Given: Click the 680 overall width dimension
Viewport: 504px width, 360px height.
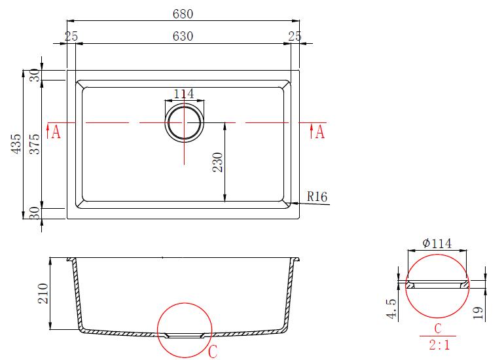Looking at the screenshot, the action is [183, 14].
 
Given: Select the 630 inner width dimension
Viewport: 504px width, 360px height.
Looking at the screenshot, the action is [183, 36].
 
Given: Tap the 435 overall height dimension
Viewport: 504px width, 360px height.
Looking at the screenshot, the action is [16, 144].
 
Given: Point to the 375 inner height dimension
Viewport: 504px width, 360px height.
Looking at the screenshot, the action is [35, 144].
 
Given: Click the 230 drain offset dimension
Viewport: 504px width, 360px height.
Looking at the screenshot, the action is [217, 162].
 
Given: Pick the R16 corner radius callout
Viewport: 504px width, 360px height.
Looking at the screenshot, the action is [317, 196].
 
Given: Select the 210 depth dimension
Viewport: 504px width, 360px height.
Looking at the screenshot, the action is [43, 293].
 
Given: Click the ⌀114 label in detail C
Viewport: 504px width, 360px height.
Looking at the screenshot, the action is [437, 243].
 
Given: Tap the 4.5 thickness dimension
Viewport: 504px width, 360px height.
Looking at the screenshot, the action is [391, 308].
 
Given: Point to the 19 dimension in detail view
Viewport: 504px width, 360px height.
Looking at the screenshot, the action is [478, 313].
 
